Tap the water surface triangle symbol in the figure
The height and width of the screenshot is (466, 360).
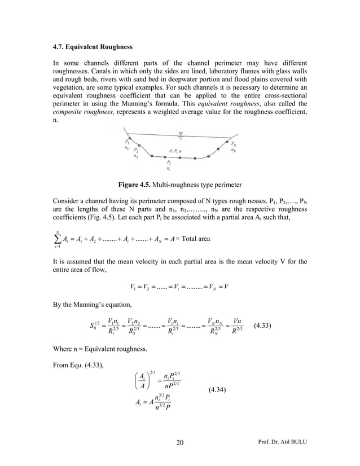click(x=181, y=134)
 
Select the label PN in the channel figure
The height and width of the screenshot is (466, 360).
click(x=233, y=143)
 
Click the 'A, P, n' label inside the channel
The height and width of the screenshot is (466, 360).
click(x=180, y=151)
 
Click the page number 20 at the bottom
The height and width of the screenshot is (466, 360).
click(x=180, y=441)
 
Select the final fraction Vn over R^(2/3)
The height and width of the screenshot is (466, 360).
click(x=237, y=326)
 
